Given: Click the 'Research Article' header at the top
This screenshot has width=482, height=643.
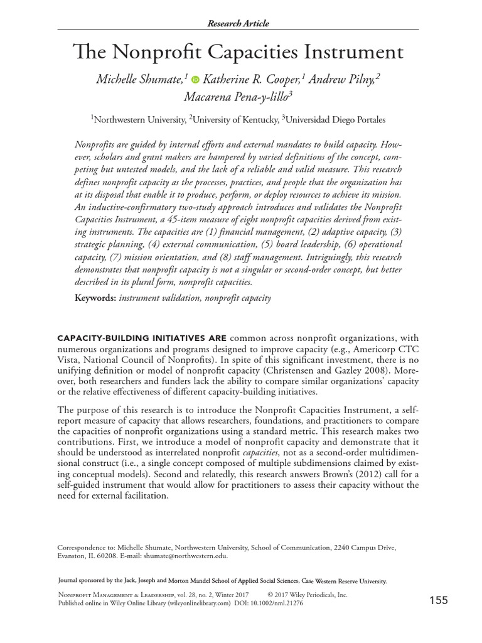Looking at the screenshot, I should point(238,23).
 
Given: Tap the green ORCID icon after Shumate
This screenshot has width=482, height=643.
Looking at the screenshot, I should point(195,80).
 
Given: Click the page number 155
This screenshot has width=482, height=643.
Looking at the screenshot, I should point(438,600).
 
